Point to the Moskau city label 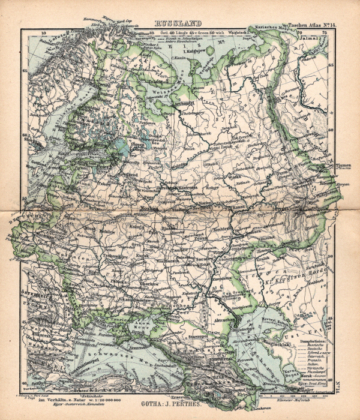click(149, 209)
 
